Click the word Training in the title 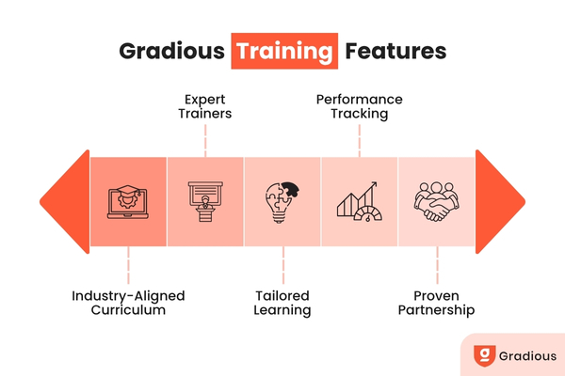pyautogui.click(x=283, y=50)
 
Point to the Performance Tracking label pyautogui.click(x=359, y=106)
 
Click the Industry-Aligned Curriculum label pyautogui.click(x=128, y=302)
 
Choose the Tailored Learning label pyautogui.click(x=282, y=302)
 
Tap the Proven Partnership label pyautogui.click(x=436, y=302)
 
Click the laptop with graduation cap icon pyautogui.click(x=129, y=200)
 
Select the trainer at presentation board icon pyautogui.click(x=205, y=201)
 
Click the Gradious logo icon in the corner pyautogui.click(x=485, y=356)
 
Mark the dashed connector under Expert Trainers pyautogui.click(x=205, y=139)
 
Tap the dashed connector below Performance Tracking pyautogui.click(x=359, y=139)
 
